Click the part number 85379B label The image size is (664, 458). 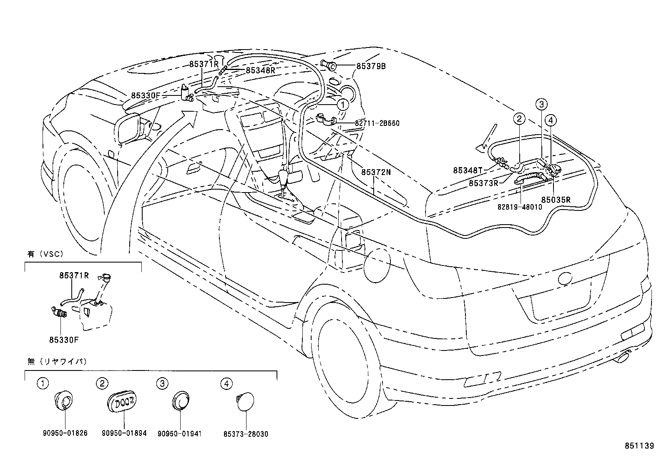coord(371,66)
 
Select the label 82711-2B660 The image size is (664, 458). coord(377,123)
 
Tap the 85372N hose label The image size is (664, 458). coord(376,172)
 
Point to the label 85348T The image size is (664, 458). coord(468,170)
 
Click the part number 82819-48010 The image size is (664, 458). coord(519,207)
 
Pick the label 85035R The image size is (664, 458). coord(556,200)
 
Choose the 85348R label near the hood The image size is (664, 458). coord(260,70)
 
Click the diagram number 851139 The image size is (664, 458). coord(639,446)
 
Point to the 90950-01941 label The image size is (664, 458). coord(179,433)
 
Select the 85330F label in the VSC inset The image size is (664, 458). coord(64,339)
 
